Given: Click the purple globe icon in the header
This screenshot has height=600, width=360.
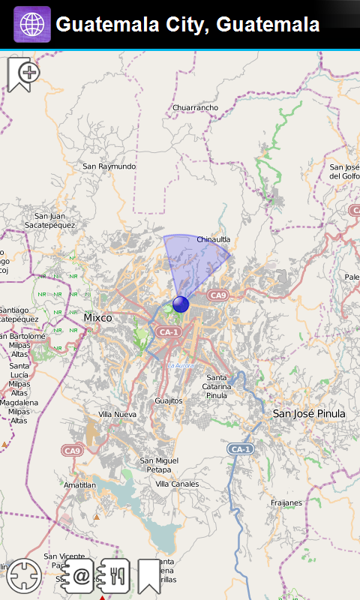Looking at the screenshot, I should [32, 24].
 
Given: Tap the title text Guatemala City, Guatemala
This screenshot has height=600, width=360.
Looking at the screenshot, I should [187, 24].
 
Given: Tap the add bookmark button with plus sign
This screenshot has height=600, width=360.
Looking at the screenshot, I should [23, 74].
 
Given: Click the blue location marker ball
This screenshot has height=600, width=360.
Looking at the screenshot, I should [181, 304].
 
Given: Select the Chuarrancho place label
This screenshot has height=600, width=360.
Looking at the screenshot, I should [195, 108].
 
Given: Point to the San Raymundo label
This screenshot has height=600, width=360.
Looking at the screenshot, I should [109, 166].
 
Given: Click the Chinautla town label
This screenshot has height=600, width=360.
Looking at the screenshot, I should [213, 240].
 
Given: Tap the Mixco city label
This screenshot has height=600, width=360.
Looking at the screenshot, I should [97, 318].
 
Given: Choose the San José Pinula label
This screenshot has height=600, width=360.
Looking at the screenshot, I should [308, 413].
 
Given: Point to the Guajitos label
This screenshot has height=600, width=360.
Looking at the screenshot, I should [169, 401].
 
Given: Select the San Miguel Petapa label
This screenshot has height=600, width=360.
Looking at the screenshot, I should [159, 465].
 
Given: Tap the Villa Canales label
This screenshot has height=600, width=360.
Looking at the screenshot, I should [177, 484].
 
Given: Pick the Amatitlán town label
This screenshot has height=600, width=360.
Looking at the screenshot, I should [81, 486].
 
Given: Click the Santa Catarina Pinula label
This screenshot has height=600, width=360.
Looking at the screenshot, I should [217, 386].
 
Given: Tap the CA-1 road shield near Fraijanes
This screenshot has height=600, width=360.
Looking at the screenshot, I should [241, 449].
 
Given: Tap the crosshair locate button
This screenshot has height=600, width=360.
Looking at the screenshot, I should [25, 576].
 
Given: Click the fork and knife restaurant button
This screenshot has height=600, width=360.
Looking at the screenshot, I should [115, 575].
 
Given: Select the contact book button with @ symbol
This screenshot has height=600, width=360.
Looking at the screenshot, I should [79, 576].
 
